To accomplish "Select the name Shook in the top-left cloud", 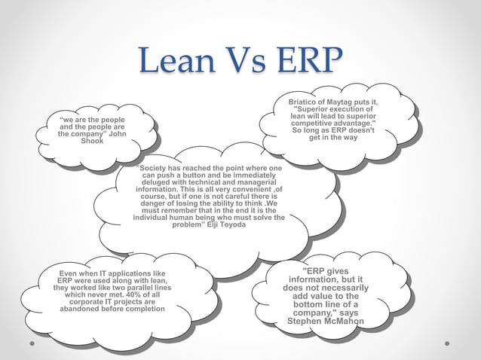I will (x=92, y=141).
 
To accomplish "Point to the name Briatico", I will (x=305, y=101).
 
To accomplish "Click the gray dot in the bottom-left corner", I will (x=32, y=343).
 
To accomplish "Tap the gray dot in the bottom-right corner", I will (x=448, y=343).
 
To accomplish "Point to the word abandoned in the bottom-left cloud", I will (x=81, y=309).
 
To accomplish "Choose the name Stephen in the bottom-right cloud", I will (x=305, y=322).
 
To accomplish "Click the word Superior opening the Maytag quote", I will (x=313, y=108).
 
